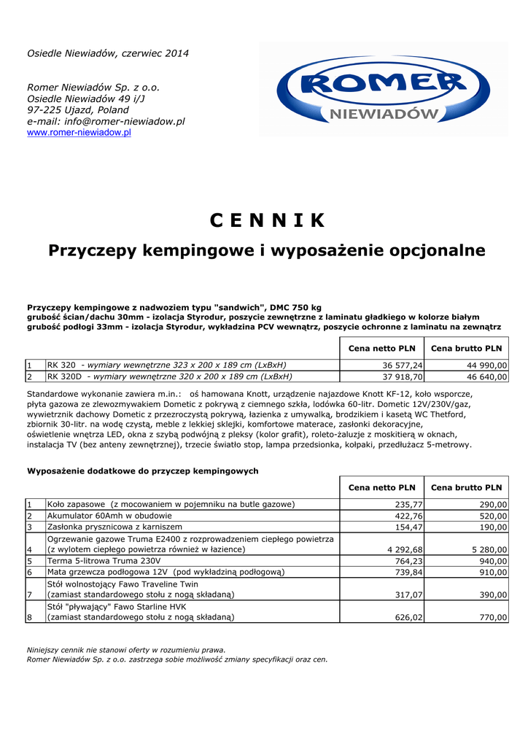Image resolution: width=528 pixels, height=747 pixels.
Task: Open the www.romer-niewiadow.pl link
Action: pyautogui.click(x=79, y=133)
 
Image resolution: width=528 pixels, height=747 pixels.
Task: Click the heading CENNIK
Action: pyautogui.click(x=267, y=220)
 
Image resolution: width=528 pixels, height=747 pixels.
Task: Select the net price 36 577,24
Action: pyautogui.click(x=402, y=365)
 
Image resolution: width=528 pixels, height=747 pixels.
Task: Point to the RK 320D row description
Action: pyautogui.click(x=169, y=377)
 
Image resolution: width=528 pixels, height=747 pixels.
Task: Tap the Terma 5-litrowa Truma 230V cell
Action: pyautogui.click(x=104, y=561)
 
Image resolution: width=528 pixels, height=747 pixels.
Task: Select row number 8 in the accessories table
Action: pyautogui.click(x=30, y=618)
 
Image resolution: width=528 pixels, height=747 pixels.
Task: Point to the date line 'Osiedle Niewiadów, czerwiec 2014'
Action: pyautogui.click(x=108, y=53)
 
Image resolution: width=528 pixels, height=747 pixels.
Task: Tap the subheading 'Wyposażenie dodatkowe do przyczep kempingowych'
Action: pyautogui.click(x=143, y=471)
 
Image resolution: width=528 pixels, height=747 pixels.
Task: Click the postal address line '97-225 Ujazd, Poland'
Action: pyautogui.click(x=78, y=110)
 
